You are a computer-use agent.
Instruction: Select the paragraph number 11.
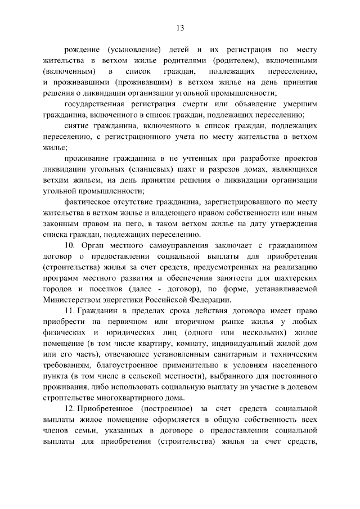[x=69, y=312]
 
